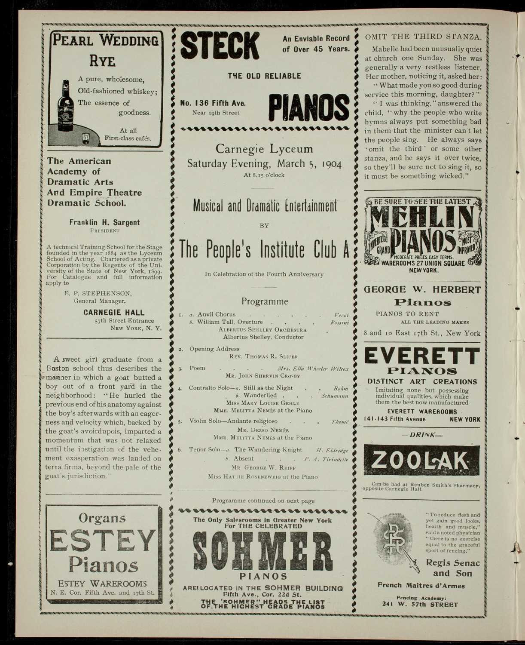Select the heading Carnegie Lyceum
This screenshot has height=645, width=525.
264,149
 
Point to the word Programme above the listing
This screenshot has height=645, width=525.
265,301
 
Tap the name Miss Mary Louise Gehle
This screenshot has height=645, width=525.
262,403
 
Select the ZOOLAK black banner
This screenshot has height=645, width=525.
421,461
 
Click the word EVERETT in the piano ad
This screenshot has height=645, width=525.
421,356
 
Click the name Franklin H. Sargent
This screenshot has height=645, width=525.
104,222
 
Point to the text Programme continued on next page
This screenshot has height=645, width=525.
263,501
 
